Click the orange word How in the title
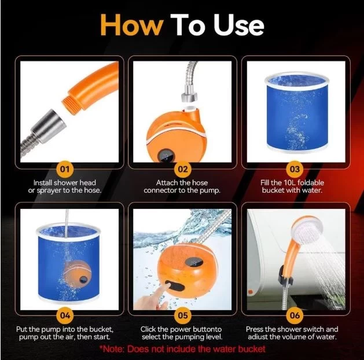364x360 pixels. click(131, 25)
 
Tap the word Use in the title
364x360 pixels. click(239, 25)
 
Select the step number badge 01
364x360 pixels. click(65, 169)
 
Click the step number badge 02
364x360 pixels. click(183, 169)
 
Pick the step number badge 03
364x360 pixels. click(295, 169)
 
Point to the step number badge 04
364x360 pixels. click(65, 315)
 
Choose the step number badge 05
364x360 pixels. click(183, 315)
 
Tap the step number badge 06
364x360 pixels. click(295, 315)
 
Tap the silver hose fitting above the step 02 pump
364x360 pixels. click(189, 93)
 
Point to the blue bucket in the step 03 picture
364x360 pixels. click(297, 111)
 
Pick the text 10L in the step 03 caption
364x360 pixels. click(289, 183)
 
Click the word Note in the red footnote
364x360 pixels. click(113, 349)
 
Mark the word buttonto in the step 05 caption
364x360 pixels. click(207, 329)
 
